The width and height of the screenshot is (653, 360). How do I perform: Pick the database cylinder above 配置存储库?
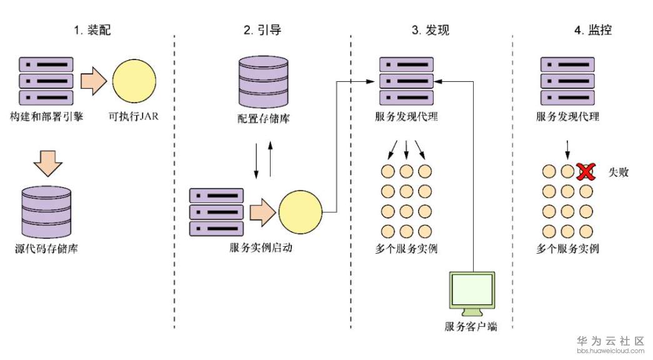click(264, 82)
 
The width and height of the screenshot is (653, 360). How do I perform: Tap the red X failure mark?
click(586, 171)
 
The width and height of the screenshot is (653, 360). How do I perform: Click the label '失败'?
click(618, 171)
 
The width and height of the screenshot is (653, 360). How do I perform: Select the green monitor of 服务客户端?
click(472, 290)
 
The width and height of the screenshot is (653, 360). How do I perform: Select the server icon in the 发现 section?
click(406, 81)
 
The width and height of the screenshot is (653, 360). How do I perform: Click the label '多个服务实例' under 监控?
click(567, 249)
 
